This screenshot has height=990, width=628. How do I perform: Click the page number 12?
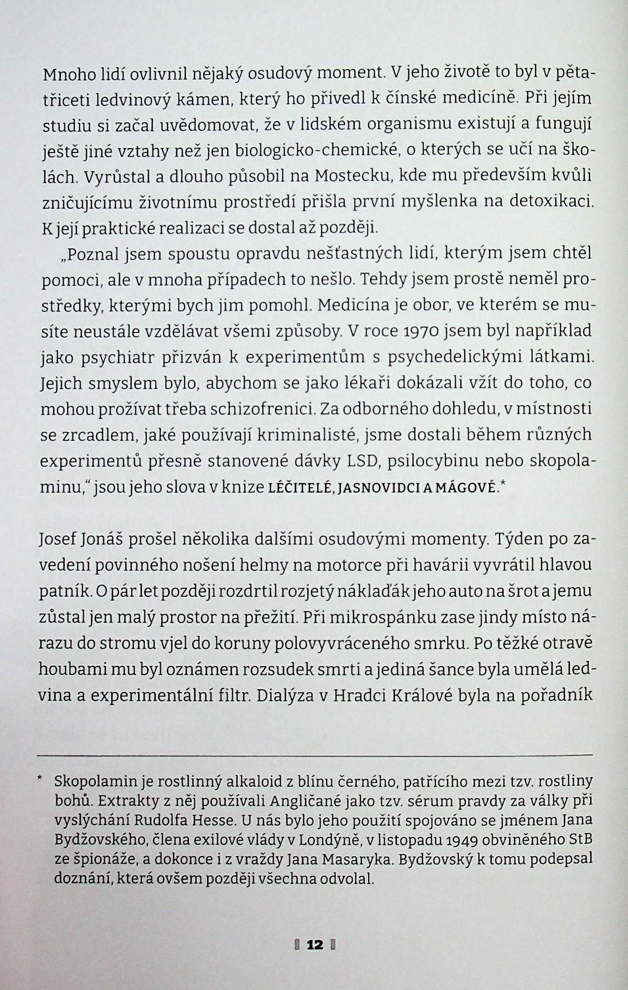click(x=315, y=945)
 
